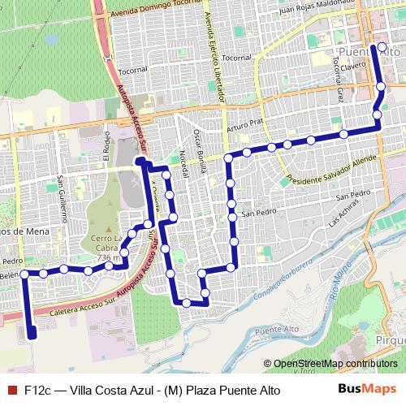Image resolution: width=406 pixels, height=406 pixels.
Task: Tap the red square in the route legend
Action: point(11,390)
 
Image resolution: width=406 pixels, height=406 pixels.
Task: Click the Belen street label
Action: point(11,276)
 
